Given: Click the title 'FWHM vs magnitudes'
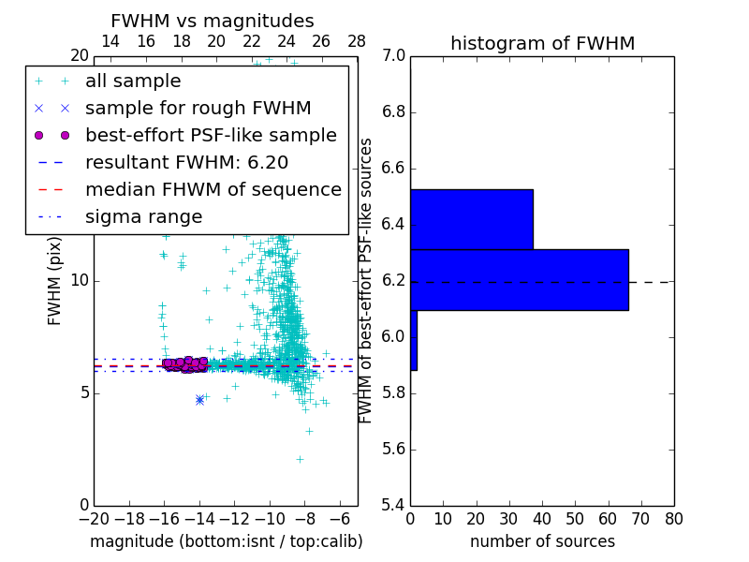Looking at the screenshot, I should point(213,22).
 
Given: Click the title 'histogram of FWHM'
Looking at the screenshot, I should point(542,43).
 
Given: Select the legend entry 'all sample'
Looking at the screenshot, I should point(133,81).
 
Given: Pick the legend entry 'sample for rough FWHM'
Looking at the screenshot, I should point(198,108).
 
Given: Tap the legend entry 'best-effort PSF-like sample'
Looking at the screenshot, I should point(211,135).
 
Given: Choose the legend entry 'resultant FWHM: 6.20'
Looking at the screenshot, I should point(186,162).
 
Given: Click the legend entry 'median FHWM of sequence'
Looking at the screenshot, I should point(213,189).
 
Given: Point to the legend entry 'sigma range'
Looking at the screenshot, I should point(143,216).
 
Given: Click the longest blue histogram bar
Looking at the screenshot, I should point(519,279).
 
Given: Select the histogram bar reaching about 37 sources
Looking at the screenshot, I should point(471,219).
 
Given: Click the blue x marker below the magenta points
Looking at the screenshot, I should point(199,400).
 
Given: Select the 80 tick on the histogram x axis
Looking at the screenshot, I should point(673,518).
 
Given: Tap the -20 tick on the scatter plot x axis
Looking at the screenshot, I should point(94,518).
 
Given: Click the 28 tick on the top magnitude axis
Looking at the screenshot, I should point(357,41).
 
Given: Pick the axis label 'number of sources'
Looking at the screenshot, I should point(542,541).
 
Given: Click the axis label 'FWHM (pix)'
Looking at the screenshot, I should point(55,281).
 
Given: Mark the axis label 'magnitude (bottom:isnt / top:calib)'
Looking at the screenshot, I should point(226,541).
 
